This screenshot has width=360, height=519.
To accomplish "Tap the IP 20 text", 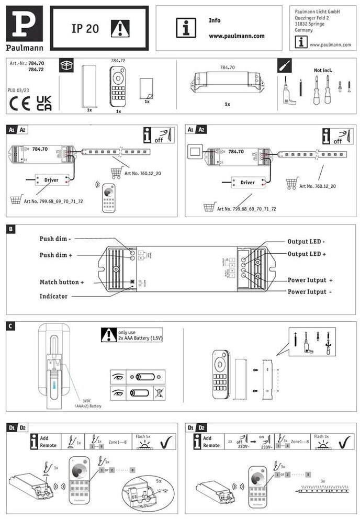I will tap(85, 29).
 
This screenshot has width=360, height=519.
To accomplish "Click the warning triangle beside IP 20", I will tap(120, 28).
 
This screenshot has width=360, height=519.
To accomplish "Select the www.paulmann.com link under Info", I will tap(237, 36).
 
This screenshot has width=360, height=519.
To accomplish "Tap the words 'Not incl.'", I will tap(323, 70).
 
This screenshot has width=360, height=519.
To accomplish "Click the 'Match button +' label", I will tap(62, 282).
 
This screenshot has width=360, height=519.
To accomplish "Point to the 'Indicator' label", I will tap(53, 296).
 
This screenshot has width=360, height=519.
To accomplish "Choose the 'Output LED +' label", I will tap(307, 254).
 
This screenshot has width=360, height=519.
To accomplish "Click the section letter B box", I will tap(11, 229).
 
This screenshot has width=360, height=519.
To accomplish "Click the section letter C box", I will tap(11, 326).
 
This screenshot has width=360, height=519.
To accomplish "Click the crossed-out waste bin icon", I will tap(159, 393).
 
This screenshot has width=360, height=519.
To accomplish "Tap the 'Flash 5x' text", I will tap(142, 436).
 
